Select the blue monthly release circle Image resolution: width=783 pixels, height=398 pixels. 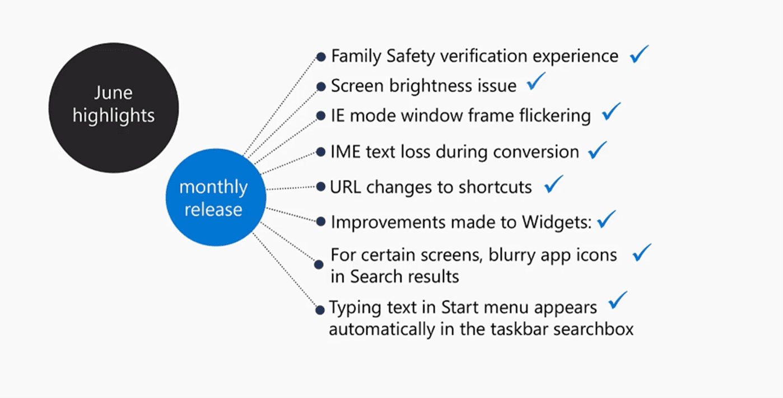(x=213, y=198)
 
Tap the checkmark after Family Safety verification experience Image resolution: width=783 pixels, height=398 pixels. (x=639, y=54)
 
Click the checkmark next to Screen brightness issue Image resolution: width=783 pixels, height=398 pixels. (x=536, y=84)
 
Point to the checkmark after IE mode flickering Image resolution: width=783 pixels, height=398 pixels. (x=611, y=112)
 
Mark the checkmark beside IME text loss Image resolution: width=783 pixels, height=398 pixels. (x=598, y=150)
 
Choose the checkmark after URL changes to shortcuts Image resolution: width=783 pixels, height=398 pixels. (x=553, y=184)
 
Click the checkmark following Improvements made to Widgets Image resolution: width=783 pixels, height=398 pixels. (x=607, y=219)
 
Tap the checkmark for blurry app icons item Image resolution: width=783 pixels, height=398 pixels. (x=642, y=253)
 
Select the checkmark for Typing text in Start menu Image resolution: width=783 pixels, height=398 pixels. (x=618, y=300)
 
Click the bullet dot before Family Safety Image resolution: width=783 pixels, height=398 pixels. (x=321, y=57)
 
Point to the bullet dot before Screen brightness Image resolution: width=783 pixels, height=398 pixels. (x=321, y=87)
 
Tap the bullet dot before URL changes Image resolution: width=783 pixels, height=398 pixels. (x=321, y=187)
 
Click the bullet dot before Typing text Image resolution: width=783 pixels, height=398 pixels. (x=320, y=309)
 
